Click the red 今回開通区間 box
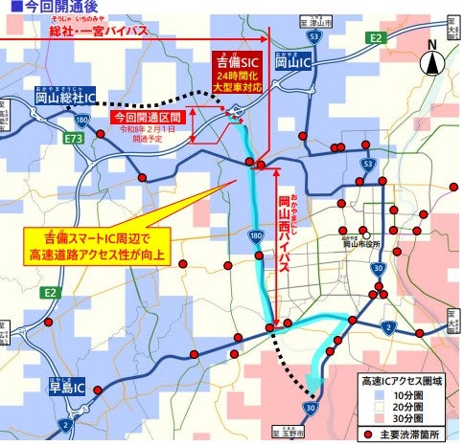pyautogui.click(x=146, y=118)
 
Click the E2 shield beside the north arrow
pyautogui.click(x=376, y=38)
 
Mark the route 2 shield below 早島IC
pyautogui.click(x=65, y=424)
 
